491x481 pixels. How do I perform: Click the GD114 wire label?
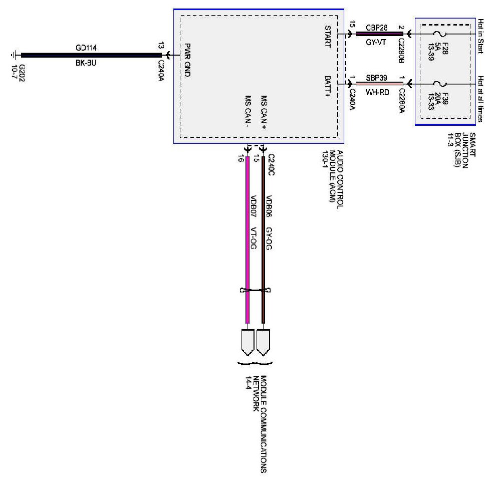tap(86, 48)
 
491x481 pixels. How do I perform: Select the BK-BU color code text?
tap(86, 63)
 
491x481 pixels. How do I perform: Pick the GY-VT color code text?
tap(376, 44)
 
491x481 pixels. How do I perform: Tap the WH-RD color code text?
tap(376, 92)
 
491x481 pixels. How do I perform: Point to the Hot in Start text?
tap(481, 36)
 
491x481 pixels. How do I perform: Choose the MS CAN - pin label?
tap(248, 112)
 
